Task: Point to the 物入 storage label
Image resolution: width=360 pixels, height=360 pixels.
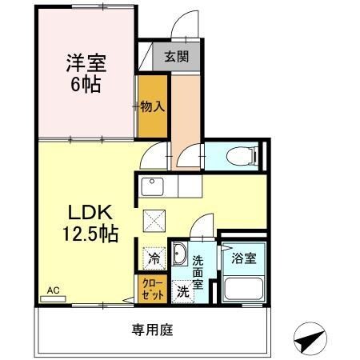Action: point(152,106)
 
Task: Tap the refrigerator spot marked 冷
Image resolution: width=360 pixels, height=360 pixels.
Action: point(154,258)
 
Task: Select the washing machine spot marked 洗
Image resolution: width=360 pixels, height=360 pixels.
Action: point(182,291)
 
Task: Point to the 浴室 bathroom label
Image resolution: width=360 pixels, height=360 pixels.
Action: point(244,258)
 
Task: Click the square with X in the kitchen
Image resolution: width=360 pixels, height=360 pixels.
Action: point(153,221)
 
